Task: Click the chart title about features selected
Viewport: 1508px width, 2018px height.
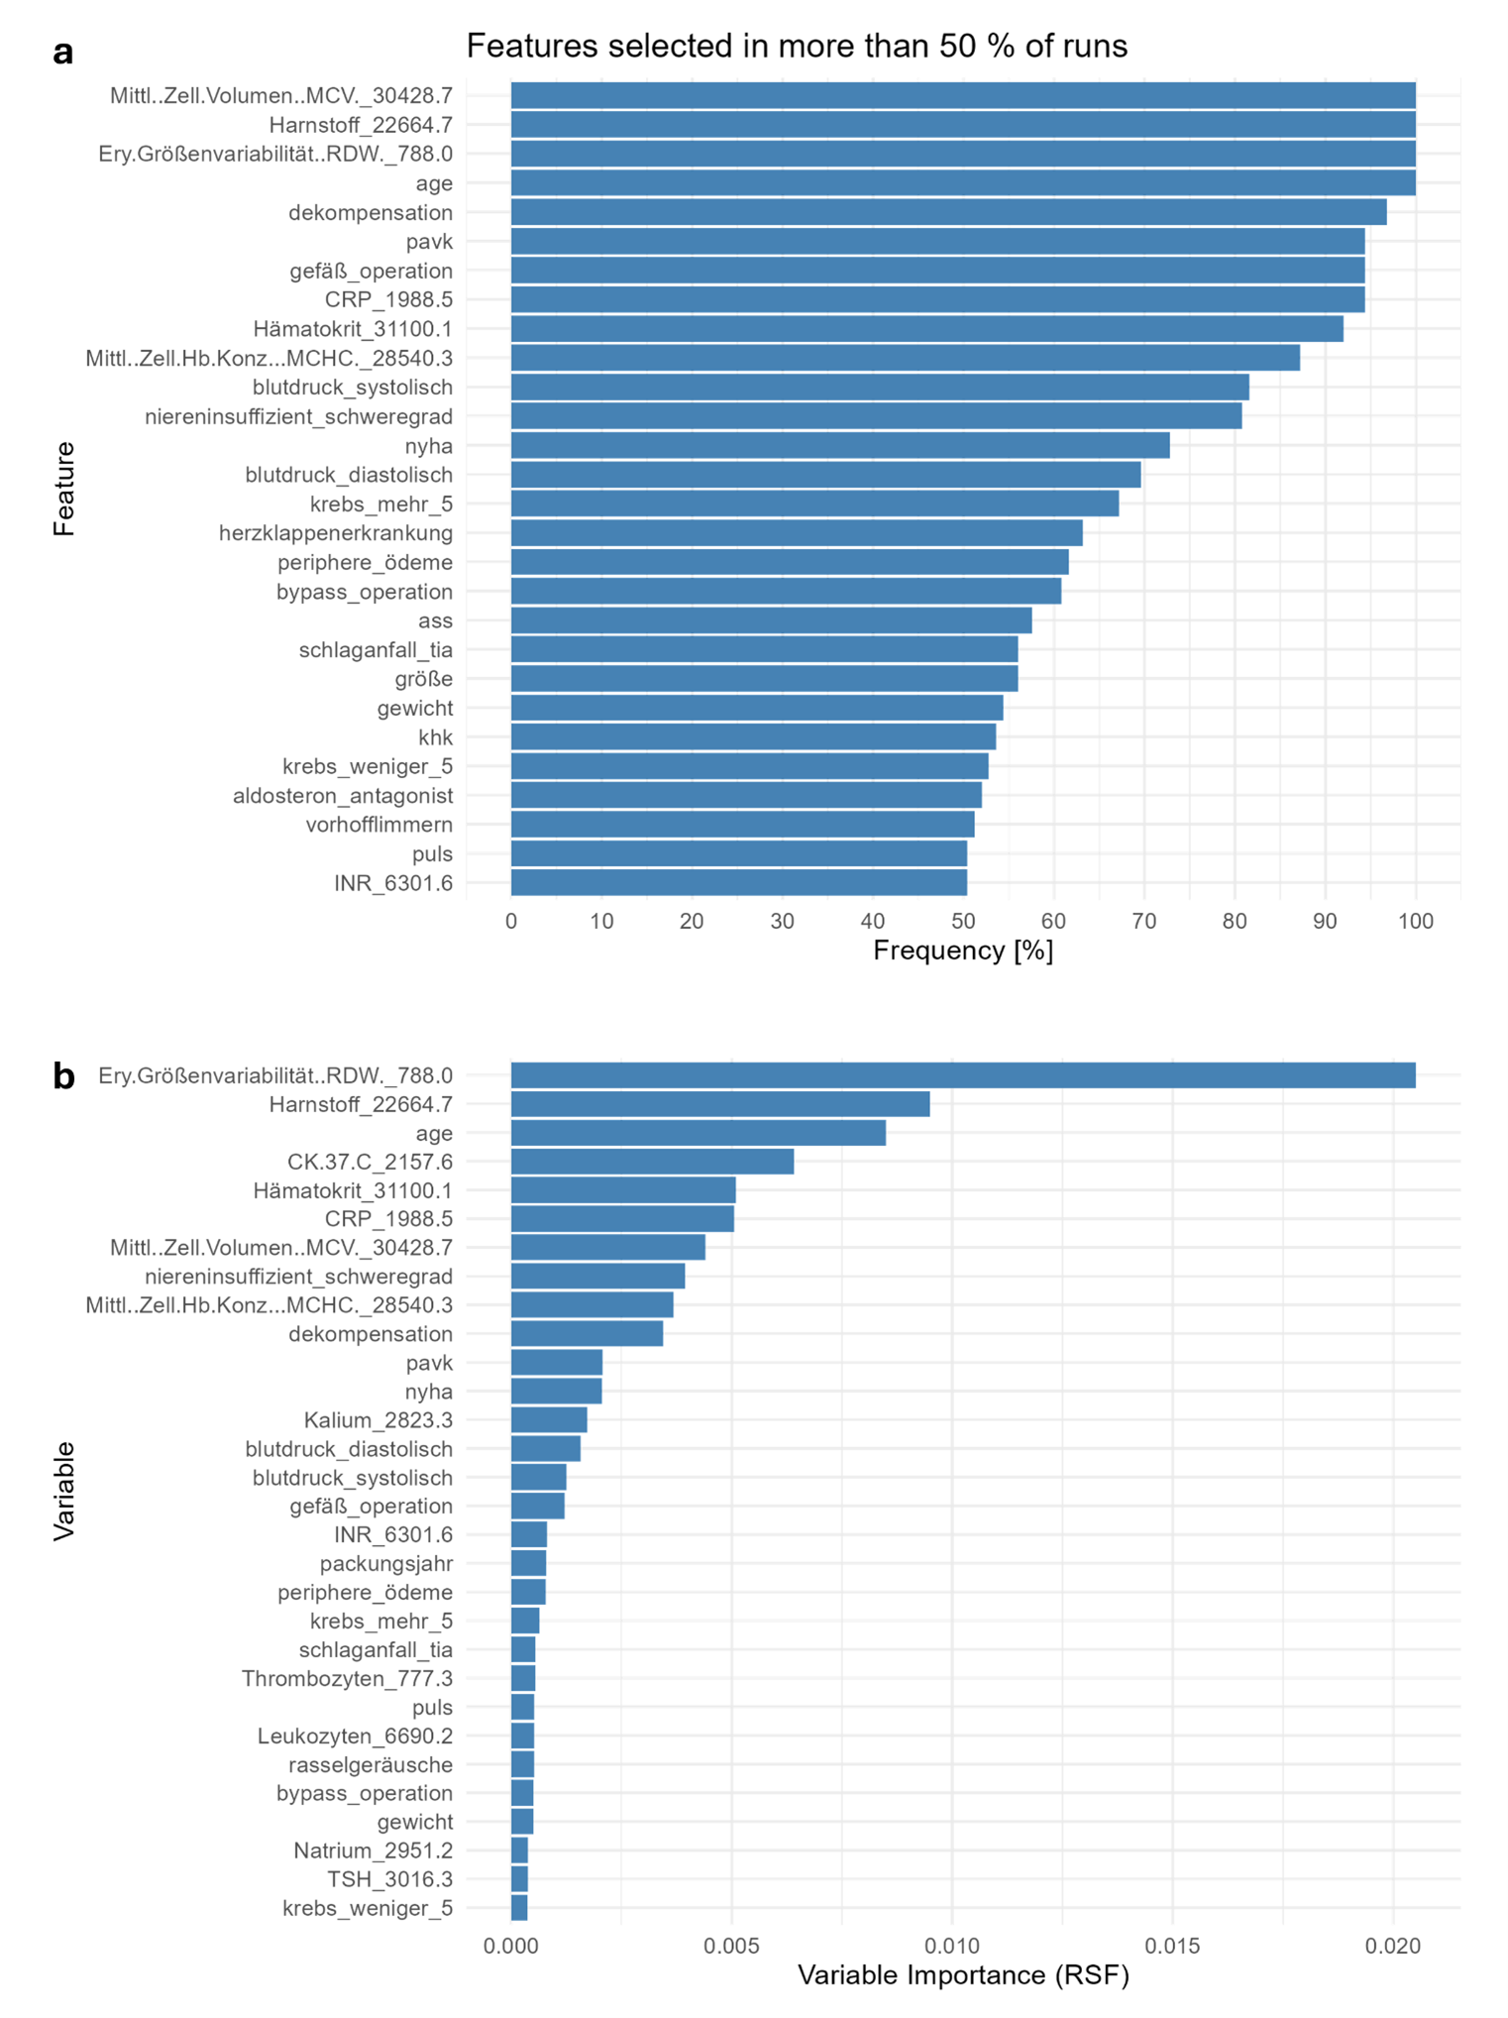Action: pyautogui.click(x=796, y=46)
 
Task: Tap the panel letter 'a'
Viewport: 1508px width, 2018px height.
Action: pyautogui.click(x=63, y=53)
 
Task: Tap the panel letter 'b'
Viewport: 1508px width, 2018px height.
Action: pyautogui.click(x=63, y=1075)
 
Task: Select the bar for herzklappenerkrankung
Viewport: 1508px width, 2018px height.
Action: pyautogui.click(x=796, y=533)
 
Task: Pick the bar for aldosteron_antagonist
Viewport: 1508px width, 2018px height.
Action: pyautogui.click(x=745, y=795)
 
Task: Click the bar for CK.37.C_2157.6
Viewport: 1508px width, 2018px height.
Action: pyautogui.click(x=652, y=1162)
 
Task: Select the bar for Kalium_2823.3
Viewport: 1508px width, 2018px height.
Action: pyautogui.click(x=549, y=1420)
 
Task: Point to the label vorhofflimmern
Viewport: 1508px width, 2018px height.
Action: pyautogui.click(x=378, y=825)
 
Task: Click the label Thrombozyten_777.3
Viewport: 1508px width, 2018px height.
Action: pyautogui.click(x=347, y=1678)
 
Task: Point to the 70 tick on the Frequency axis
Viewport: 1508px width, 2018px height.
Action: pyautogui.click(x=1143, y=921)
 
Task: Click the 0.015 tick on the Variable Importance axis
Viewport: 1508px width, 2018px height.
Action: pyautogui.click(x=1172, y=1945)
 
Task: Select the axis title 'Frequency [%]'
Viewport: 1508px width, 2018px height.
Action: pyautogui.click(x=962, y=951)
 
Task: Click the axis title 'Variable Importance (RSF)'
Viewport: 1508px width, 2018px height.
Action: pyautogui.click(x=962, y=1975)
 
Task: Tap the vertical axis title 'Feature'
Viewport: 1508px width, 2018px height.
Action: pyautogui.click(x=64, y=489)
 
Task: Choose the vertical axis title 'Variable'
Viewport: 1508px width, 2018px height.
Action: pyautogui.click(x=64, y=1491)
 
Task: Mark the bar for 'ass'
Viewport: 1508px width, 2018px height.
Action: pyautogui.click(x=771, y=620)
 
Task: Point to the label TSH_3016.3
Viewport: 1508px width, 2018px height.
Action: pyautogui.click(x=389, y=1879)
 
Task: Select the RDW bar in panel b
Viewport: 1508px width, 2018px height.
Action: pyautogui.click(x=962, y=1075)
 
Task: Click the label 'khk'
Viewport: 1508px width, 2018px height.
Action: pyautogui.click(x=435, y=737)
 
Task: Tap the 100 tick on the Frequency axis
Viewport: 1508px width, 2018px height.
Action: pyautogui.click(x=1415, y=921)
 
